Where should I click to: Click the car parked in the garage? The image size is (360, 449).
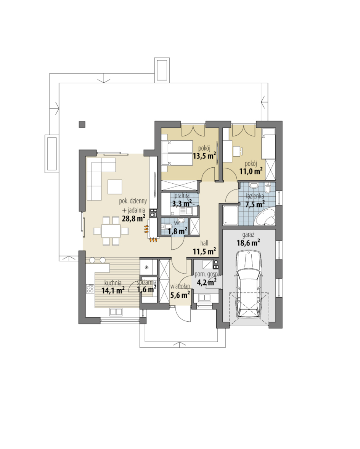(248, 284)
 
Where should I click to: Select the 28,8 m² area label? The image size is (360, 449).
(134, 219)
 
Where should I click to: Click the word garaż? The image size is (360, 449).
(248, 235)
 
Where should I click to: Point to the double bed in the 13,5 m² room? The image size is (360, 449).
(177, 153)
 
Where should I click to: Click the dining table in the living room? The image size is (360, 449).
(111, 231)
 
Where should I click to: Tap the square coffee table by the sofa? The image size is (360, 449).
(115, 187)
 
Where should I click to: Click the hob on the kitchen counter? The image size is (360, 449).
(90, 289)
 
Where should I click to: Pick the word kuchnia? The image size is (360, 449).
(113, 283)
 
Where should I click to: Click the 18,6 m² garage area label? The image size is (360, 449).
(248, 243)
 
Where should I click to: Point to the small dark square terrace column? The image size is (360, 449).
(82, 124)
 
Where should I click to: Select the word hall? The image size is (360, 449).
(204, 243)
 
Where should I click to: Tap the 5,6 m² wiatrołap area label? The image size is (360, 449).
(180, 294)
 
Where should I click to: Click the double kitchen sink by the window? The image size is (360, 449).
(116, 312)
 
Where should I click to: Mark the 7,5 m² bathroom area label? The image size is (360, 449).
(255, 204)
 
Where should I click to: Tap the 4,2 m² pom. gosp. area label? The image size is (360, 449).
(206, 283)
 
